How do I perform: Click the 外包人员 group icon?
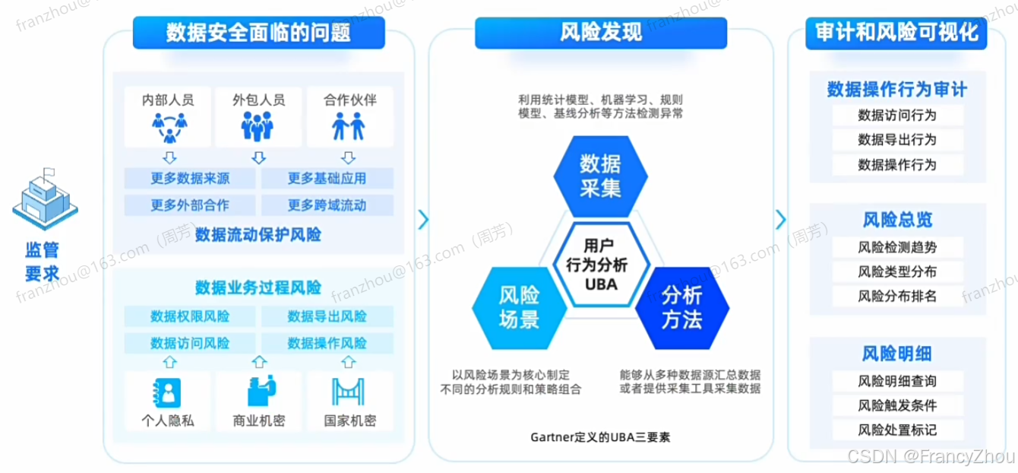[258, 125]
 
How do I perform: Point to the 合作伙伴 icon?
[349, 125]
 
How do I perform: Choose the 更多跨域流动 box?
[327, 205]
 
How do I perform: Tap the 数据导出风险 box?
[327, 316]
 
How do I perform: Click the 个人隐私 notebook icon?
[168, 392]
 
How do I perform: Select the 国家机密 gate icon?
[349, 392]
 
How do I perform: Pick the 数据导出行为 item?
[897, 140]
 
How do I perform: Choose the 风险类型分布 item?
[897, 271]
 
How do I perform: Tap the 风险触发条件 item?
[897, 405]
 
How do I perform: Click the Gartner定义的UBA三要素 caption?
[601, 438]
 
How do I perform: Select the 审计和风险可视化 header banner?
[896, 33]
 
